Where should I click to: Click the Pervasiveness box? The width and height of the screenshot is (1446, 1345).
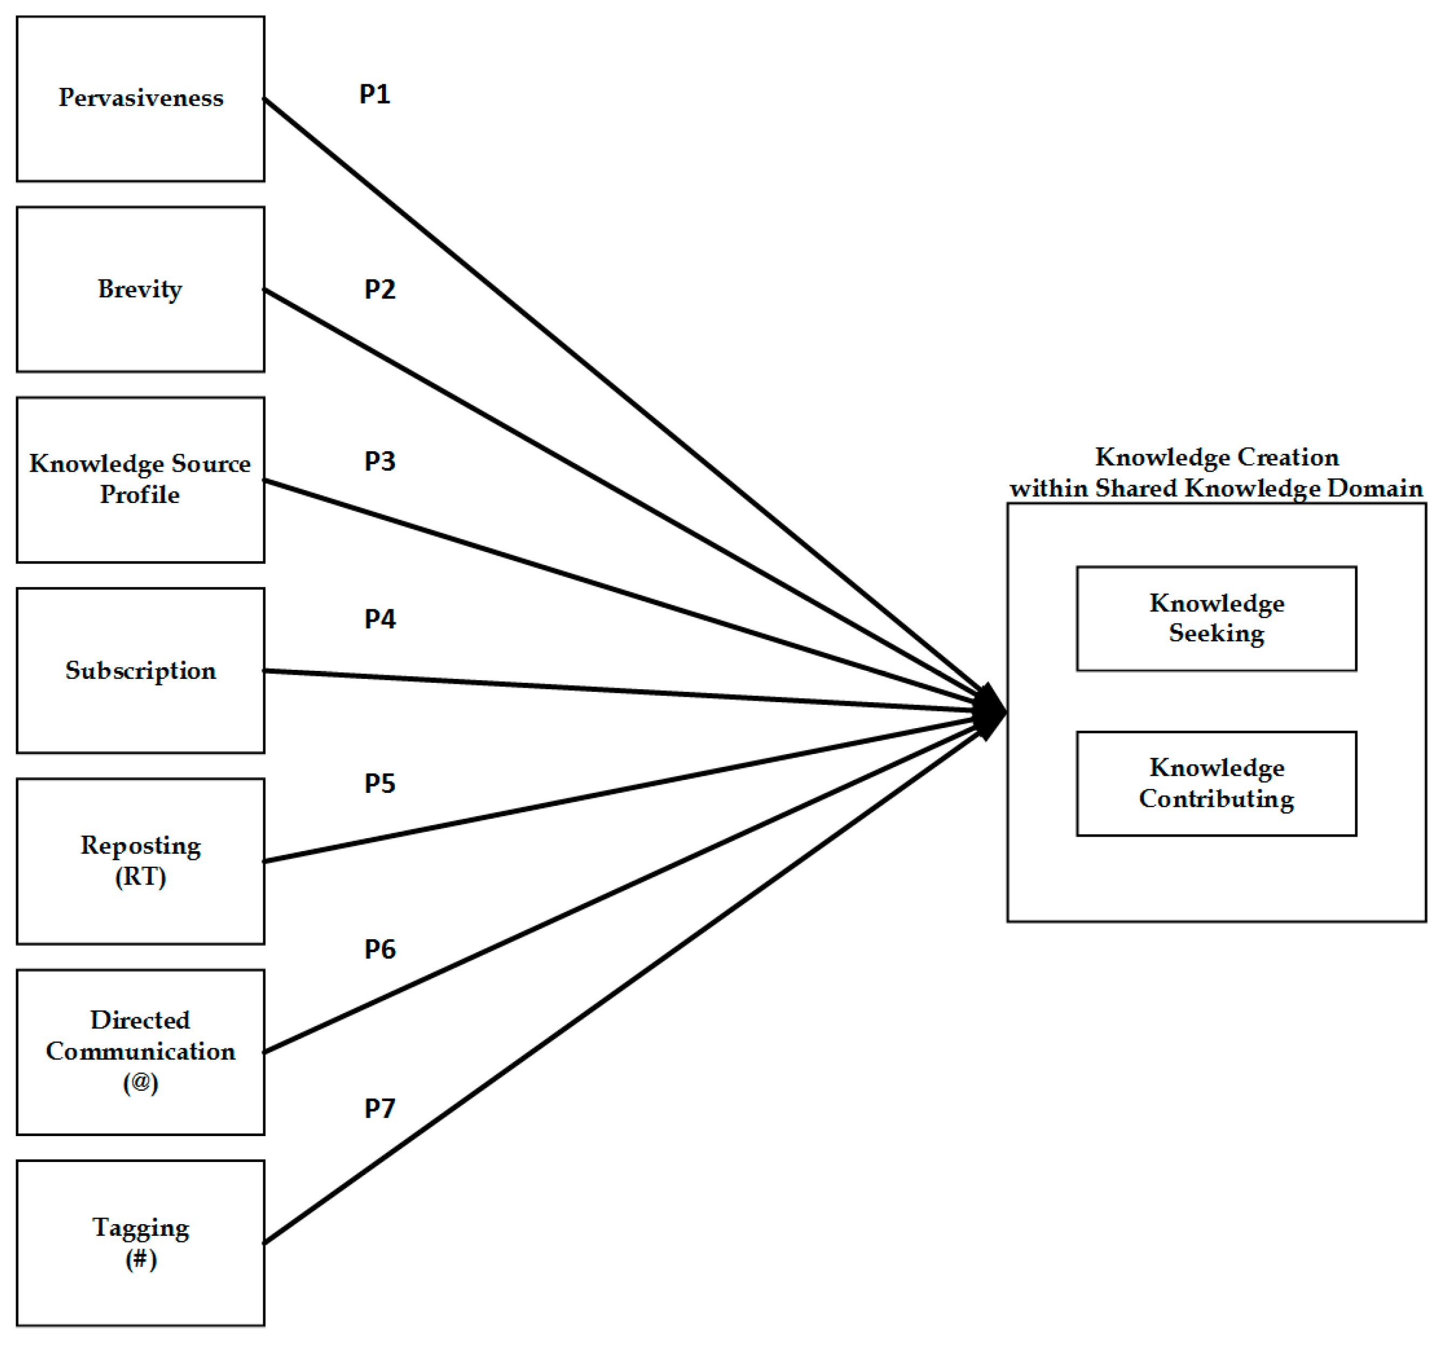click(140, 98)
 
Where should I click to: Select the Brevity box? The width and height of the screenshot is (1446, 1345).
click(140, 289)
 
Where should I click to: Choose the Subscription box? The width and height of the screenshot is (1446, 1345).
click(140, 671)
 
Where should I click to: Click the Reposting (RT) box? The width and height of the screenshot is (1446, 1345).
click(140, 861)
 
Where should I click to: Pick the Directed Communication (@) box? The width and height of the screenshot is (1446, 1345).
click(140, 1052)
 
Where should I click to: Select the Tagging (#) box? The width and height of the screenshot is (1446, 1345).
click(140, 1243)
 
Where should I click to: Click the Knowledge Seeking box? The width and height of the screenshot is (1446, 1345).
click(1216, 619)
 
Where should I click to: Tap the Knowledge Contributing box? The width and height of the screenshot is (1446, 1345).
click(1216, 784)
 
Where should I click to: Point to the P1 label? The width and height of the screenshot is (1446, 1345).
click(374, 94)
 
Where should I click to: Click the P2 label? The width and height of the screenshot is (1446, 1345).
click(380, 289)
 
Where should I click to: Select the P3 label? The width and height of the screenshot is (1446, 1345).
click(380, 461)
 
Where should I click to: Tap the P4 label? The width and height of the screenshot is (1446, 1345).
click(380, 619)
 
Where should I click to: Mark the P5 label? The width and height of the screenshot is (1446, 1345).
click(380, 784)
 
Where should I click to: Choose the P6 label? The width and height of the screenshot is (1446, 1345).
click(380, 949)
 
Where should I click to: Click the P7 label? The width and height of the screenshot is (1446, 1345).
click(380, 1109)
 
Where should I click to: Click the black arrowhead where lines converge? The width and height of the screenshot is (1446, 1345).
click(991, 711)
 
